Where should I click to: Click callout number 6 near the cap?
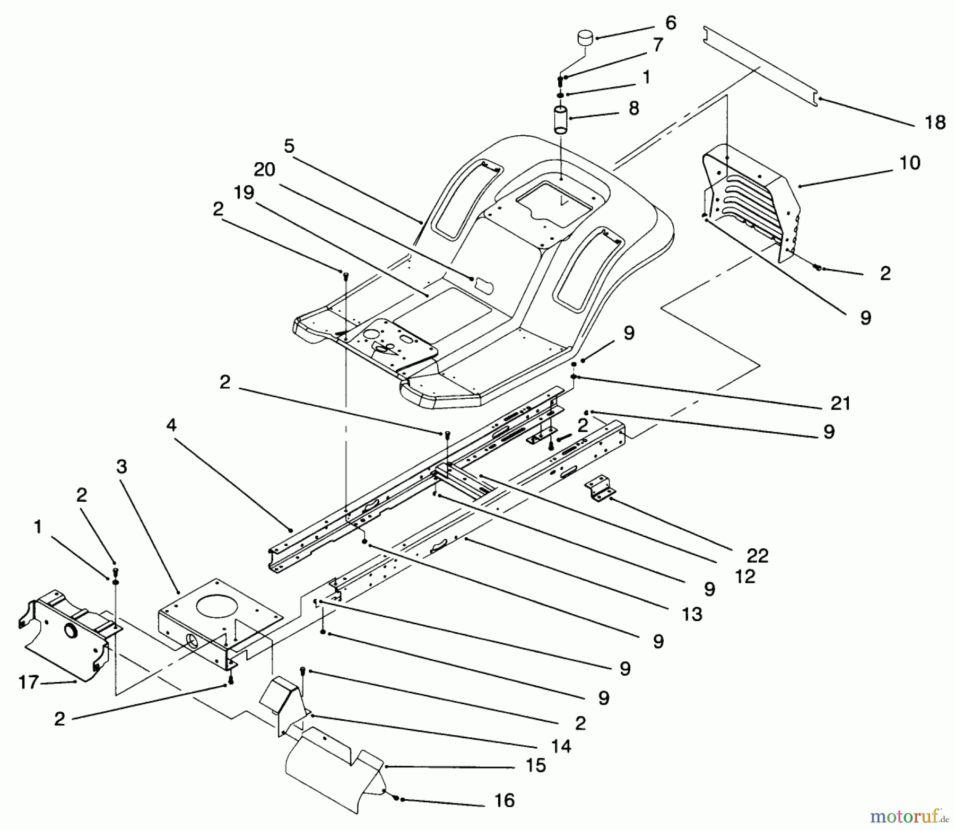click(x=671, y=23)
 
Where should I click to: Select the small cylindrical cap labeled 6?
click(x=585, y=39)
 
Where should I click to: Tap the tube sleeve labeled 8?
click(x=561, y=120)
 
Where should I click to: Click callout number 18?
click(x=935, y=123)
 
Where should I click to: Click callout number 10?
click(x=910, y=162)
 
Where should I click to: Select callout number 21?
click(x=840, y=404)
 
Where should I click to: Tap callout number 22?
click(x=758, y=556)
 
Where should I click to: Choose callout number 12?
click(x=745, y=576)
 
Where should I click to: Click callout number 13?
click(x=692, y=614)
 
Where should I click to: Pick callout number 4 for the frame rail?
click(x=171, y=425)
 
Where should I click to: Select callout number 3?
click(x=121, y=467)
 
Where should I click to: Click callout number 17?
click(x=29, y=682)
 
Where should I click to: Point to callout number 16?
click(x=504, y=800)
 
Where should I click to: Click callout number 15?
click(x=535, y=765)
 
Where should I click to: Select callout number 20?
click(x=264, y=170)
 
